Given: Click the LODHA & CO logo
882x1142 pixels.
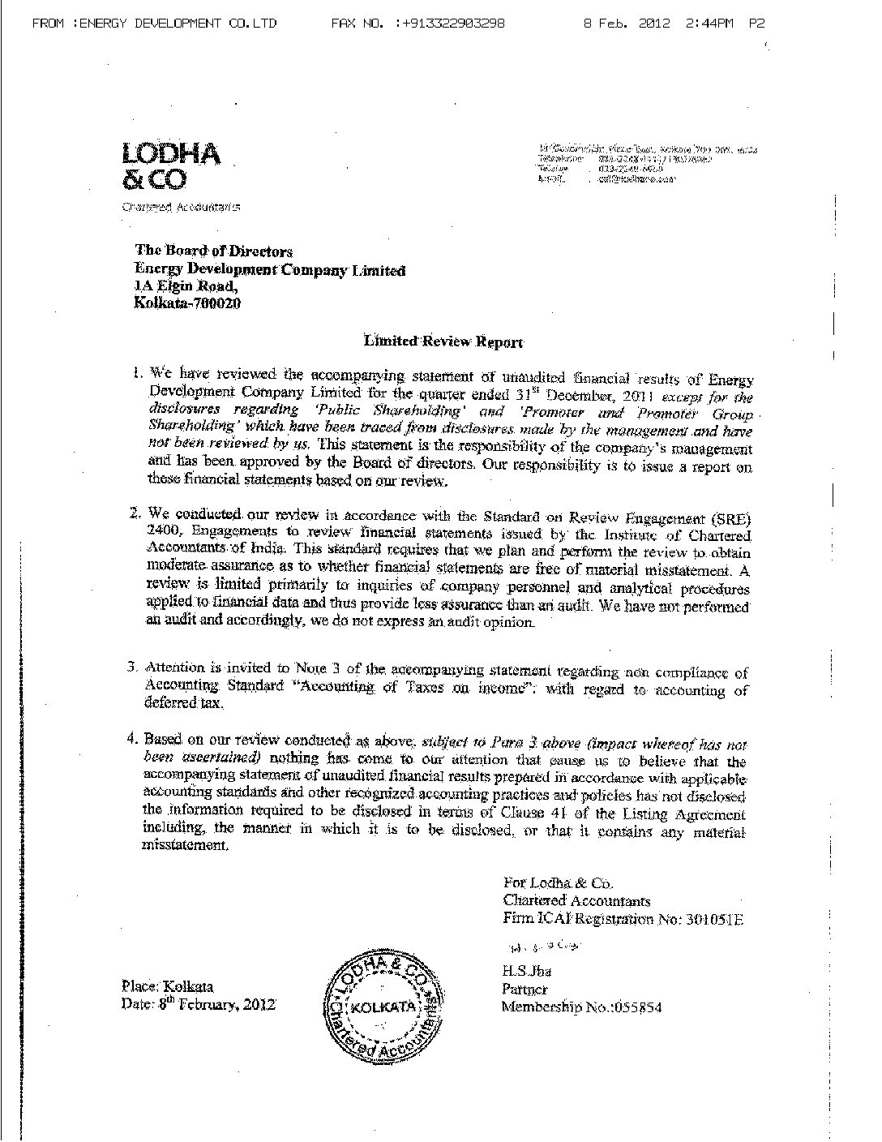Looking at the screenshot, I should (x=170, y=165).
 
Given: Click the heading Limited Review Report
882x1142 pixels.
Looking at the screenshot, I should (x=443, y=341).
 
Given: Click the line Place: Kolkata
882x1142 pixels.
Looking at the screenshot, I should (x=167, y=986).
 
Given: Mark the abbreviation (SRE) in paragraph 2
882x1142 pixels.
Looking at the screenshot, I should (x=730, y=516).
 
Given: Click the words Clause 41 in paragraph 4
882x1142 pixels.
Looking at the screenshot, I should (x=540, y=814).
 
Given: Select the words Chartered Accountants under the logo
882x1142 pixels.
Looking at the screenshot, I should (x=180, y=207).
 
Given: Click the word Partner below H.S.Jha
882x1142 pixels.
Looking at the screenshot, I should (x=524, y=990).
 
